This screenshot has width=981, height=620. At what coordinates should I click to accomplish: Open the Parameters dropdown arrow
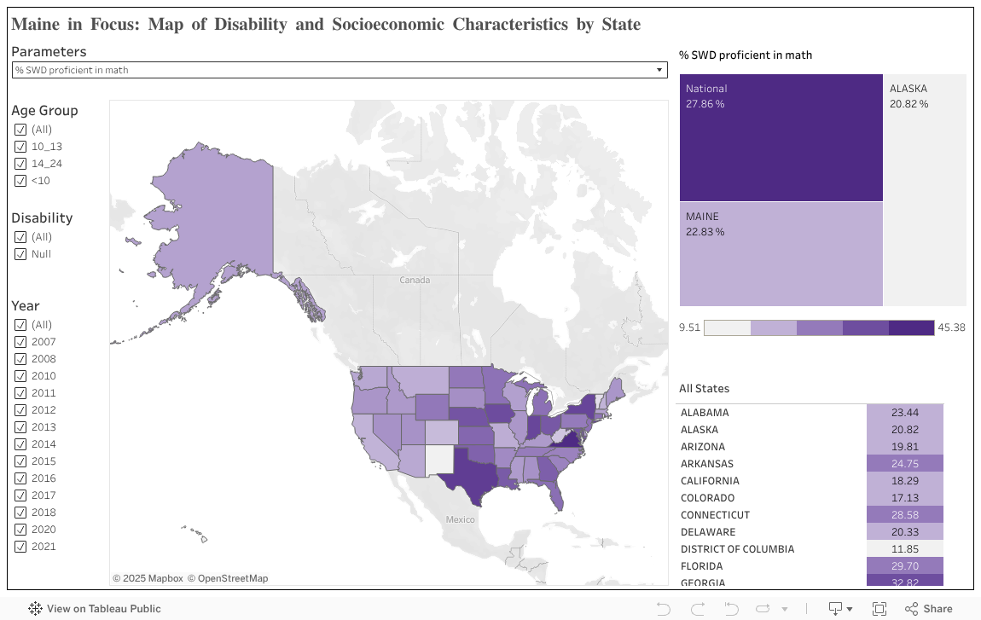[659, 70]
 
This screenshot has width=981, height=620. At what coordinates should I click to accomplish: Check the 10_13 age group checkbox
[20, 147]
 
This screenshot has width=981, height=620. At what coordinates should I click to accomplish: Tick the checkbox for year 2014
[20, 444]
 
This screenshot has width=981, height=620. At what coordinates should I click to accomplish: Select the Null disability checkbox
[20, 254]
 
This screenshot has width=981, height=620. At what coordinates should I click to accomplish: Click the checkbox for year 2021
[20, 547]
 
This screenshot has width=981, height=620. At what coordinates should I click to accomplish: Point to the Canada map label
[415, 281]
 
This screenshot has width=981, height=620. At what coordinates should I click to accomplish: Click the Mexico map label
[461, 519]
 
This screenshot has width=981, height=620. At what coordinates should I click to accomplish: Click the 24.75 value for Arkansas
[905, 464]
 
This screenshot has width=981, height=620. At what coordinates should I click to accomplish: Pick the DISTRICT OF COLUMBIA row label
[737, 549]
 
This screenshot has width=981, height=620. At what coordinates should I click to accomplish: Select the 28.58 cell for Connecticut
[905, 515]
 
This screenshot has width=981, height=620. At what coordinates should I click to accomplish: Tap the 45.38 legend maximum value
[950, 327]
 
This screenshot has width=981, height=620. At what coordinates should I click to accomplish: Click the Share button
[929, 609]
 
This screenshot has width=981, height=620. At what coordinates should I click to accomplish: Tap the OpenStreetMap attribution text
[228, 578]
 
